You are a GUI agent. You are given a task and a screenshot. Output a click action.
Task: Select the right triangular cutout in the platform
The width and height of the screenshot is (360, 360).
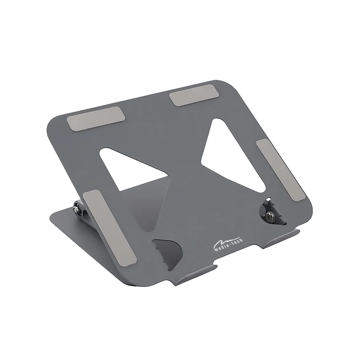click(x=233, y=155)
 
